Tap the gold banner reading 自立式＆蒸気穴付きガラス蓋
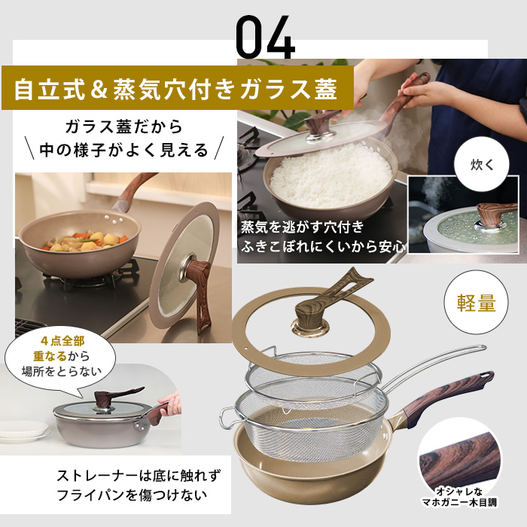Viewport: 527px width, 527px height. point(178,89)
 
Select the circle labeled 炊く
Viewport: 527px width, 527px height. point(482,163)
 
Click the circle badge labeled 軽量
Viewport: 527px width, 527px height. point(477,303)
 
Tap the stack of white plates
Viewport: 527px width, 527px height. point(23,431)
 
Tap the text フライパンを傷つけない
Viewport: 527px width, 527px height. point(133,497)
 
